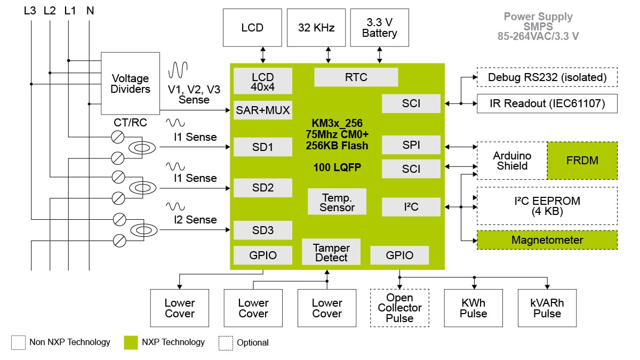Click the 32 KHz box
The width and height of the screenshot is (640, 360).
click(316, 27)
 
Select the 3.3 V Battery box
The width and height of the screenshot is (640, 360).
click(379, 27)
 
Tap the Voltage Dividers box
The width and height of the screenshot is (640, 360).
click(130, 83)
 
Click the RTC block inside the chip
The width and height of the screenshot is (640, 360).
click(356, 77)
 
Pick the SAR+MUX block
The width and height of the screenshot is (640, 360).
click(263, 110)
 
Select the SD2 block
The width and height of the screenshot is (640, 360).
click(263, 188)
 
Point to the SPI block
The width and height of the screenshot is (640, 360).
click(411, 145)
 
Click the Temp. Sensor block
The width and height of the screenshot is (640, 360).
click(337, 202)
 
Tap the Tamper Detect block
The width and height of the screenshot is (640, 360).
click(331, 253)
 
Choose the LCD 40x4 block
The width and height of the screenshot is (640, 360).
click(263, 82)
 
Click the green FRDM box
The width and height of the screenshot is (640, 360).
click(582, 161)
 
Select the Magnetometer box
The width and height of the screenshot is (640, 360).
click(547, 240)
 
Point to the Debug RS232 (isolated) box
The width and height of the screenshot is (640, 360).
click(547, 77)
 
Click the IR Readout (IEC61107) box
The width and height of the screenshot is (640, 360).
click(547, 103)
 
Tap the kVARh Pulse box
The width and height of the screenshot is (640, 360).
click(547, 308)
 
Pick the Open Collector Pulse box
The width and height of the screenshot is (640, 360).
click(399, 308)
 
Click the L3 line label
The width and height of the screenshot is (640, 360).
click(30, 10)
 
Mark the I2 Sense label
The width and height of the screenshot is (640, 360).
click(195, 220)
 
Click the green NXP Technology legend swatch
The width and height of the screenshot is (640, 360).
click(131, 342)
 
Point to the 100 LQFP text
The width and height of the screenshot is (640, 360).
click(337, 167)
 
